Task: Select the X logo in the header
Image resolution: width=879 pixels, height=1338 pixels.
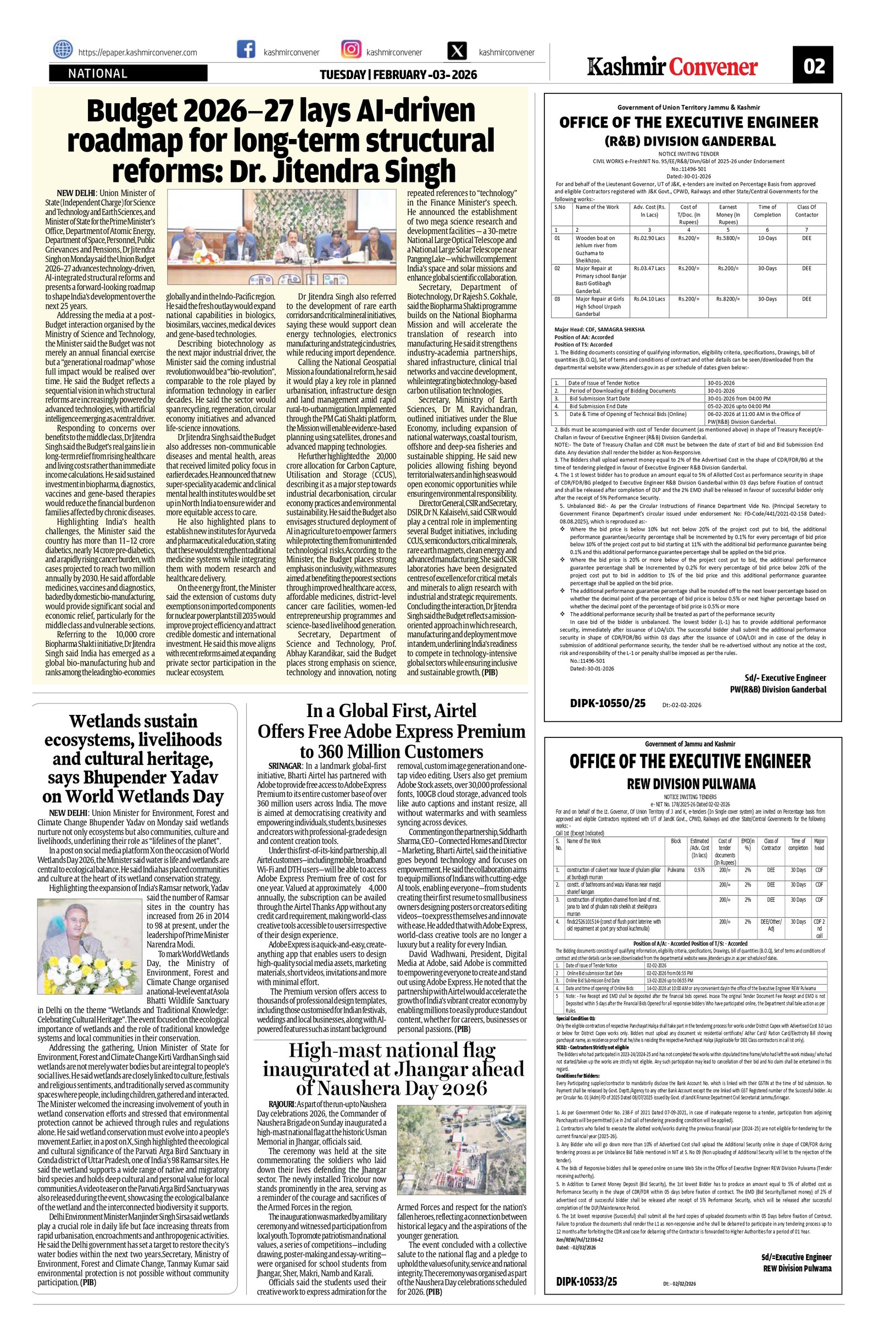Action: [457, 51]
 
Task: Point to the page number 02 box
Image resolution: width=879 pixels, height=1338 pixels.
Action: [813, 66]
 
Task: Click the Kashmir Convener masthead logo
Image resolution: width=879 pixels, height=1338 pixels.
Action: [673, 68]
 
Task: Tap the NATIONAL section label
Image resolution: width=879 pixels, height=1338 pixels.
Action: [98, 74]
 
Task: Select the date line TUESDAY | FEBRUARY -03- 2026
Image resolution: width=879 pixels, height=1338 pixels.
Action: [398, 75]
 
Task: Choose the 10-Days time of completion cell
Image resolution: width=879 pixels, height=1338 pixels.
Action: [767, 238]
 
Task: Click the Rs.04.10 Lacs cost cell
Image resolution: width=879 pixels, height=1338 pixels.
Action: [649, 299]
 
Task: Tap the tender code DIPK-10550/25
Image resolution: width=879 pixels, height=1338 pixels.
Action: [608, 703]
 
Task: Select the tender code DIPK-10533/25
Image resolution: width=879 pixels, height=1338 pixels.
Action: [587, 1309]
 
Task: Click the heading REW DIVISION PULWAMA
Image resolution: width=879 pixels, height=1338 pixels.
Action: [691, 784]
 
